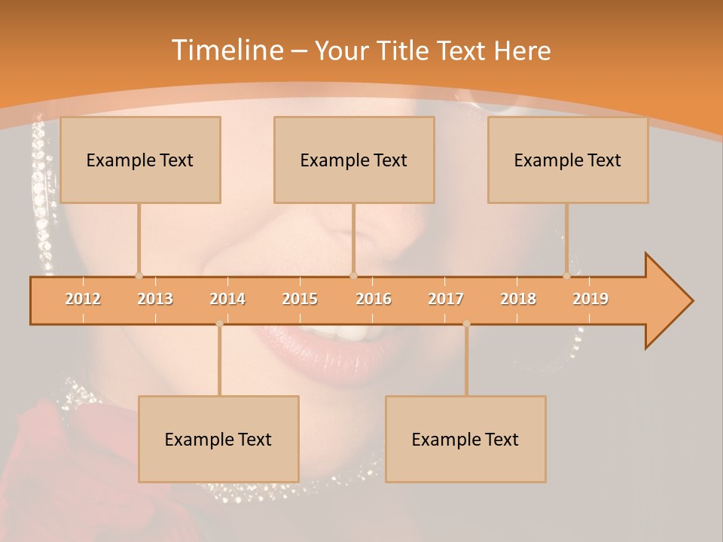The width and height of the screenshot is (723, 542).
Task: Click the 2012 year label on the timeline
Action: click(x=83, y=299)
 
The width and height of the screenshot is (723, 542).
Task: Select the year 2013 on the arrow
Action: click(x=155, y=299)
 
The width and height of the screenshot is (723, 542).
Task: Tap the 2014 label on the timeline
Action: click(x=227, y=299)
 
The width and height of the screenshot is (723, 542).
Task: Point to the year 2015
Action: click(x=300, y=299)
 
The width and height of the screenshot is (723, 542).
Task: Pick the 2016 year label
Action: click(x=374, y=299)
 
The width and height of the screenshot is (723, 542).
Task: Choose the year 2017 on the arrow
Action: click(x=446, y=299)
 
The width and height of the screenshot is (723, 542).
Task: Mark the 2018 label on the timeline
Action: click(x=518, y=299)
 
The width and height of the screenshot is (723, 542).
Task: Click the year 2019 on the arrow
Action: click(x=590, y=299)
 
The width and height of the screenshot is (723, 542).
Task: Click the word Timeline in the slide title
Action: click(x=227, y=50)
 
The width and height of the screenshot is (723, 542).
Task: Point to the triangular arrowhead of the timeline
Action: click(x=669, y=301)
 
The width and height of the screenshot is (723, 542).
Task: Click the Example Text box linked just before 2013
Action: click(x=140, y=160)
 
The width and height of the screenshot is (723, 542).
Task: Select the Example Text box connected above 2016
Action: click(x=354, y=160)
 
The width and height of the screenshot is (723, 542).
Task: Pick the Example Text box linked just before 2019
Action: click(x=568, y=160)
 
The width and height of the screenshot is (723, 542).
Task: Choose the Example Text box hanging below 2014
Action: click(x=218, y=439)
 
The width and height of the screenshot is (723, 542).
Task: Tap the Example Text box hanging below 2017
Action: click(x=465, y=439)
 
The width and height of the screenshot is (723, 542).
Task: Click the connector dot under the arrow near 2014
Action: click(x=219, y=324)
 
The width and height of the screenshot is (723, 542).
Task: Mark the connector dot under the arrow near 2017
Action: click(x=466, y=324)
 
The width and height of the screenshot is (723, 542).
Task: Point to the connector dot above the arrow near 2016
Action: click(x=353, y=276)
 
